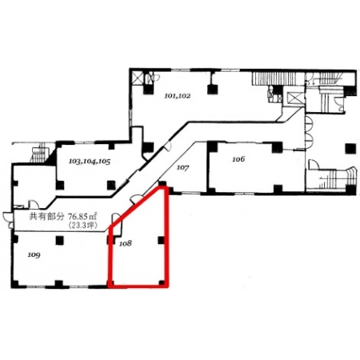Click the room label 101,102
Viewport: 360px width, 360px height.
(x=178, y=96)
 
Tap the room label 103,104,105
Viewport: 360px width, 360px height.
(x=90, y=162)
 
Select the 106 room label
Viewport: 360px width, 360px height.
(x=238, y=159)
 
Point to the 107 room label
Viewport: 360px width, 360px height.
(x=183, y=168)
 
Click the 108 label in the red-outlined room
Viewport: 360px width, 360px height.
(x=126, y=243)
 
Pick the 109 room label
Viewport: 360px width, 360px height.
(x=34, y=255)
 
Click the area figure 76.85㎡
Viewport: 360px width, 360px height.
(x=82, y=216)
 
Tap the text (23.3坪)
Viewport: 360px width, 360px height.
(x=83, y=226)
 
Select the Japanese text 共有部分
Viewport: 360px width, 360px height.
(x=46, y=216)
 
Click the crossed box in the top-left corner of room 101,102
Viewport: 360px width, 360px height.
(x=138, y=78)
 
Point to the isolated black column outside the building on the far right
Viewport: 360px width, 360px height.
(x=350, y=148)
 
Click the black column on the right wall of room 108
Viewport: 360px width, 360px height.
(x=162, y=240)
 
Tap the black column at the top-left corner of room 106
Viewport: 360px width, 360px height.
(x=213, y=147)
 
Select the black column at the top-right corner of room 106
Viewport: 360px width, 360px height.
(x=277, y=147)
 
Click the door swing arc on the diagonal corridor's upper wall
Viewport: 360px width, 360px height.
(x=167, y=146)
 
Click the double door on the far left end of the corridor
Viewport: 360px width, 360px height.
(x=7, y=220)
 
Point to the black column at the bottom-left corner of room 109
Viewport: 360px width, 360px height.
(x=15, y=284)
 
